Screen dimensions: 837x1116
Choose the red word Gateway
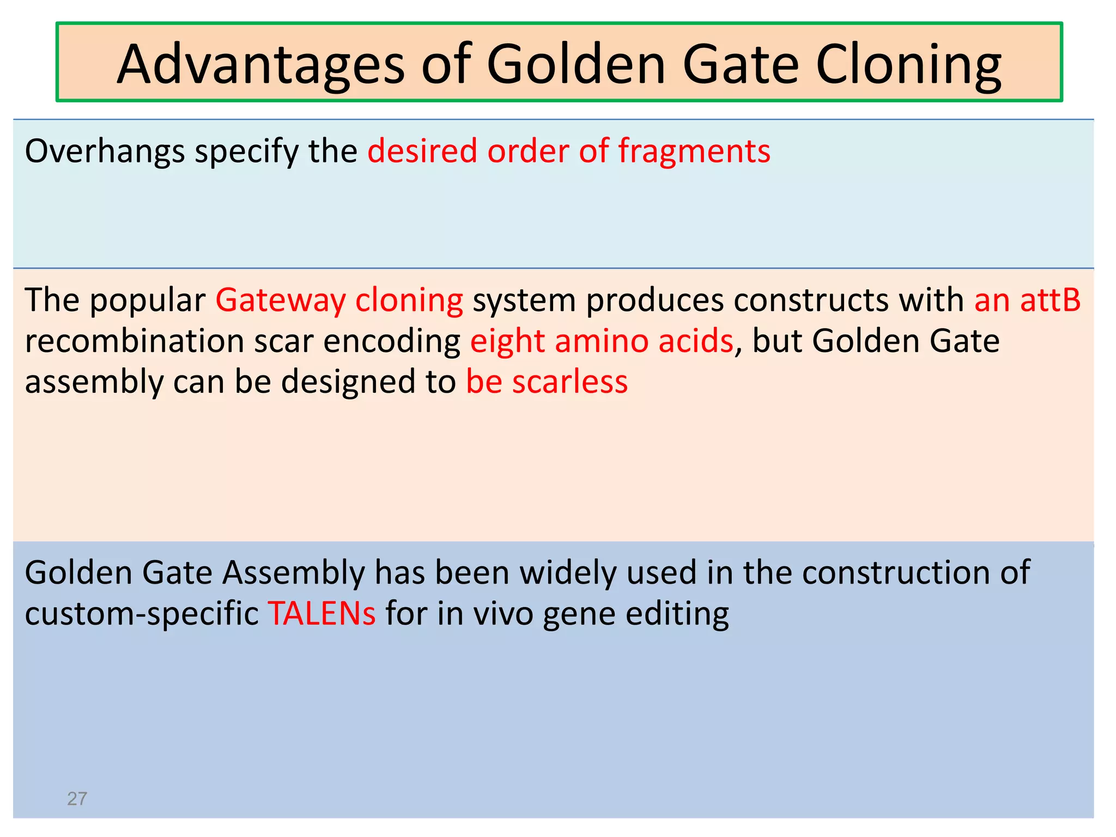(280, 301)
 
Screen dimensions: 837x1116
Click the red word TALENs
(322, 614)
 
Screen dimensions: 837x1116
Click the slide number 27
(77, 799)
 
